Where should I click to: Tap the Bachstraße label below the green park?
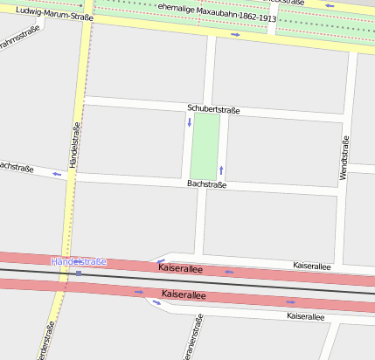tap(207, 184)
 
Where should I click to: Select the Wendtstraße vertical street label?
tap(344, 160)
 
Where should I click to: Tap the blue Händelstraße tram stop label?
tap(79, 261)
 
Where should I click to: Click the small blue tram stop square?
tap(79, 273)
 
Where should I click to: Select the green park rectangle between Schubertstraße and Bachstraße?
tap(205, 146)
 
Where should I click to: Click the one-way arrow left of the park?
tap(189, 121)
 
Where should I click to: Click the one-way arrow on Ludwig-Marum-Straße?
tap(235, 35)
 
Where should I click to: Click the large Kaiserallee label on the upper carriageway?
tap(180, 269)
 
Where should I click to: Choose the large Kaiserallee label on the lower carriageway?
tap(184, 295)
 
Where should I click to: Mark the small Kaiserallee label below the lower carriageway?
tap(305, 315)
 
